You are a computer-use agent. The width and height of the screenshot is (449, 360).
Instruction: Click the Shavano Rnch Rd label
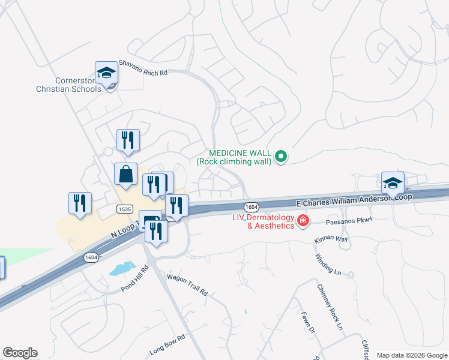[x=143, y=67]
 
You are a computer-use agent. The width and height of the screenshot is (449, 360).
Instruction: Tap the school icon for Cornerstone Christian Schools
[x=106, y=73]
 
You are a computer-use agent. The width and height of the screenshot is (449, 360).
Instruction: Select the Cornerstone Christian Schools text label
[x=68, y=85]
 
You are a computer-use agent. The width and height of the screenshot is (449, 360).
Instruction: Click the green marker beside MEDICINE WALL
[x=280, y=157]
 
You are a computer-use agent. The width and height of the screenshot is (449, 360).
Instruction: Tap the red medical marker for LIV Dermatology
[x=303, y=221]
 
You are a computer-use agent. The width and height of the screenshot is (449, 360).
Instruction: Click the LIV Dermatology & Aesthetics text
[x=264, y=221]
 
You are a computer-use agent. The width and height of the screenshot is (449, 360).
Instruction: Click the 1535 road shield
[x=125, y=209]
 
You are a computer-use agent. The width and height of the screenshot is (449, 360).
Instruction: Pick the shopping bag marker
[x=126, y=175]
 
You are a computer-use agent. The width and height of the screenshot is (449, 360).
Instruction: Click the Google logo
[x=20, y=353]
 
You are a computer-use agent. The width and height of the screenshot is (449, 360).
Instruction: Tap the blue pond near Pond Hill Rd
[x=122, y=268]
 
